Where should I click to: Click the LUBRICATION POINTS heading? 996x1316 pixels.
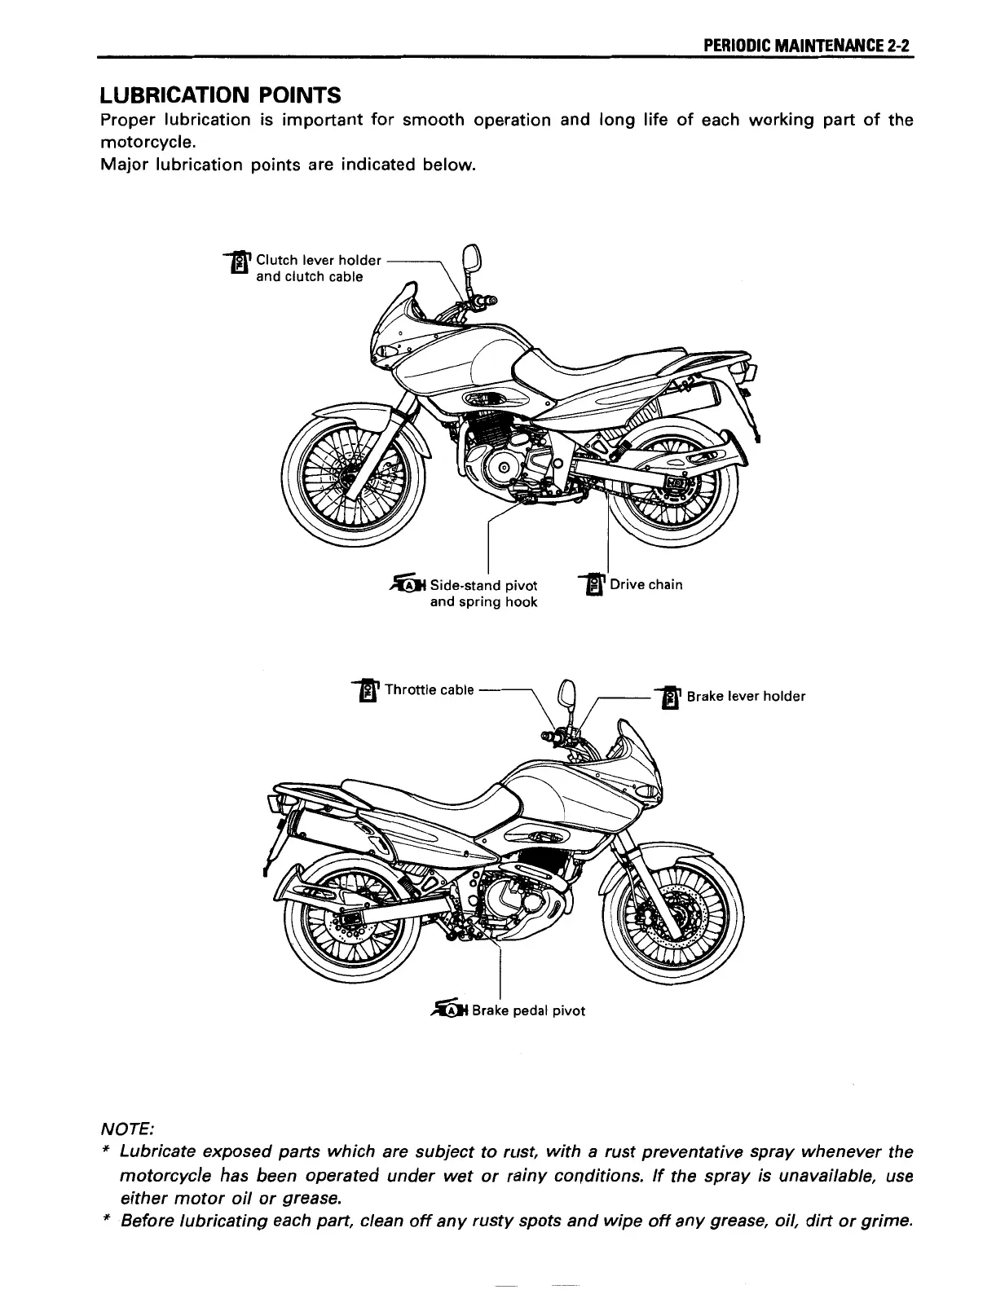[220, 95]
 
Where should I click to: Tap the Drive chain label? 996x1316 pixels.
[646, 584]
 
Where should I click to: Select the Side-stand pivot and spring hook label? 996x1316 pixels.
[483, 593]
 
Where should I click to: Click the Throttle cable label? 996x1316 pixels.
[429, 690]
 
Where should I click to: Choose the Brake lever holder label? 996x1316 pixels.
[746, 696]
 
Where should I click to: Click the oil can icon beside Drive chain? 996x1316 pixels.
[595, 585]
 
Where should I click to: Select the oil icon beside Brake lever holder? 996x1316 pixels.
[671, 698]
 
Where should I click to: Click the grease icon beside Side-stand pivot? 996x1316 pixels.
[409, 583]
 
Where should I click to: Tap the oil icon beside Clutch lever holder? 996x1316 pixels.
[240, 262]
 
